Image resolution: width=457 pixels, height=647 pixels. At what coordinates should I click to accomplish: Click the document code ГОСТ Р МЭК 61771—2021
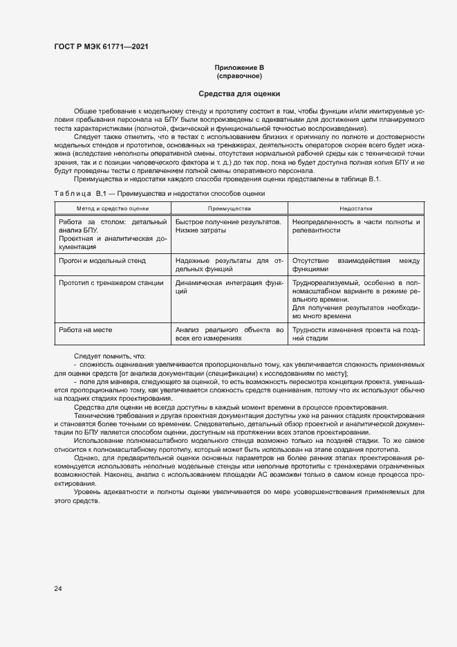tap(101, 47)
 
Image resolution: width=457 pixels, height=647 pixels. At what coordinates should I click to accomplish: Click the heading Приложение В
tap(239, 67)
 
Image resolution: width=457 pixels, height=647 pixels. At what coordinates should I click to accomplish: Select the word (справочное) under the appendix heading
tap(239, 75)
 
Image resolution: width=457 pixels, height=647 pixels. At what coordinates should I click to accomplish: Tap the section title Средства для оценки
tap(239, 93)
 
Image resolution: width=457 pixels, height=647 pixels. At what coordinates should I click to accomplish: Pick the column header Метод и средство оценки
tap(112, 208)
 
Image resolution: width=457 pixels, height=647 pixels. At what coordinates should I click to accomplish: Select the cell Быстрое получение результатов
tap(228, 221)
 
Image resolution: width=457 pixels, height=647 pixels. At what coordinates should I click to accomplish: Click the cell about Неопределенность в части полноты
tap(356, 226)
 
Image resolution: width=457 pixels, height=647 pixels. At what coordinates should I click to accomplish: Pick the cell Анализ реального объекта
tap(230, 334)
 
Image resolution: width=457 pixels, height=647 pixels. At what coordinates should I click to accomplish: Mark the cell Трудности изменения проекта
tap(356, 334)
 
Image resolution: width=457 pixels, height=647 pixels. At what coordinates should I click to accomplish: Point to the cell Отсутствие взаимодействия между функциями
tap(356, 265)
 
